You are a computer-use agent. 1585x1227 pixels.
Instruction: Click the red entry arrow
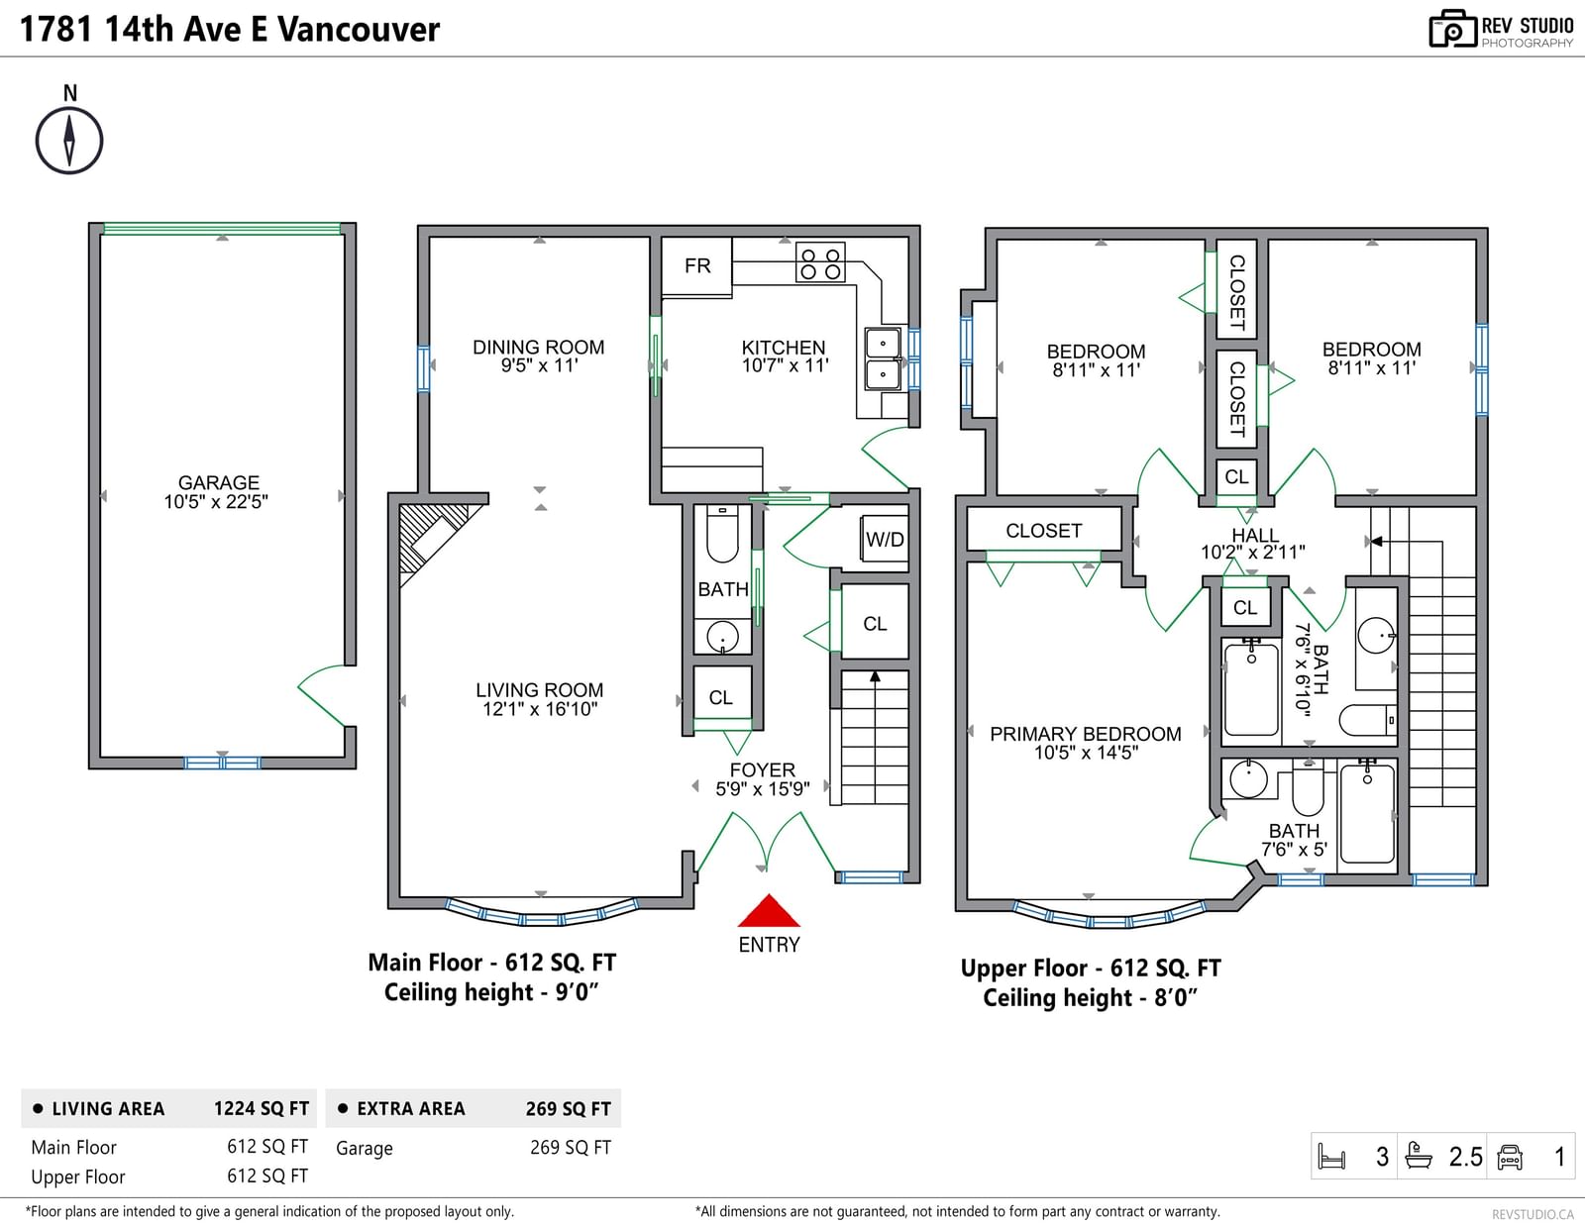pyautogui.click(x=769, y=910)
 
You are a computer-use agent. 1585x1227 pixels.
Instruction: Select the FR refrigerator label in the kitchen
pyautogui.click(x=697, y=266)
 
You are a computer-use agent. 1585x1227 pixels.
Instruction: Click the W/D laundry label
pyautogui.click(x=885, y=540)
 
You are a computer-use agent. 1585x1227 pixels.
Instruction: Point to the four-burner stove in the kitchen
pyautogui.click(x=820, y=262)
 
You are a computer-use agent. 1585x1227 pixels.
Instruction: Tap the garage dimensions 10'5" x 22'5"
pyautogui.click(x=216, y=501)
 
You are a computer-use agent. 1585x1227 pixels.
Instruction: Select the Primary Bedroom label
pyautogui.click(x=1086, y=734)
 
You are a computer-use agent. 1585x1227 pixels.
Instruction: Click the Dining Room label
pyautogui.click(x=538, y=347)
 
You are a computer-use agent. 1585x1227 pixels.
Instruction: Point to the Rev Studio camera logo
pyautogui.click(x=1452, y=29)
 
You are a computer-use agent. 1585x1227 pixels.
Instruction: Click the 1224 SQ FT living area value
pyautogui.click(x=262, y=1109)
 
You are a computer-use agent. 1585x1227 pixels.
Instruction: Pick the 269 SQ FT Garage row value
pyautogui.click(x=571, y=1148)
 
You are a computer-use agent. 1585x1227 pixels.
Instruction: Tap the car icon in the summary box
pyautogui.click(x=1509, y=1157)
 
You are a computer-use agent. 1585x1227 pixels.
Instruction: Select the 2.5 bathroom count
pyautogui.click(x=1465, y=1157)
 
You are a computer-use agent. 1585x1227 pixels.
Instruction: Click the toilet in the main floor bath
pyautogui.click(x=722, y=534)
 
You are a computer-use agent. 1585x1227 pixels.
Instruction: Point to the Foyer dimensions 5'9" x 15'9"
pyautogui.click(x=762, y=789)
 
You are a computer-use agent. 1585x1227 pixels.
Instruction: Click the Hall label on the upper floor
pyautogui.click(x=1254, y=536)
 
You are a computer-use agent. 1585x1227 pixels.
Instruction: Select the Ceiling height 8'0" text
pyautogui.click(x=1090, y=998)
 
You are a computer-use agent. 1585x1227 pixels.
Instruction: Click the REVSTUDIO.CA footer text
pyautogui.click(x=1532, y=1214)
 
